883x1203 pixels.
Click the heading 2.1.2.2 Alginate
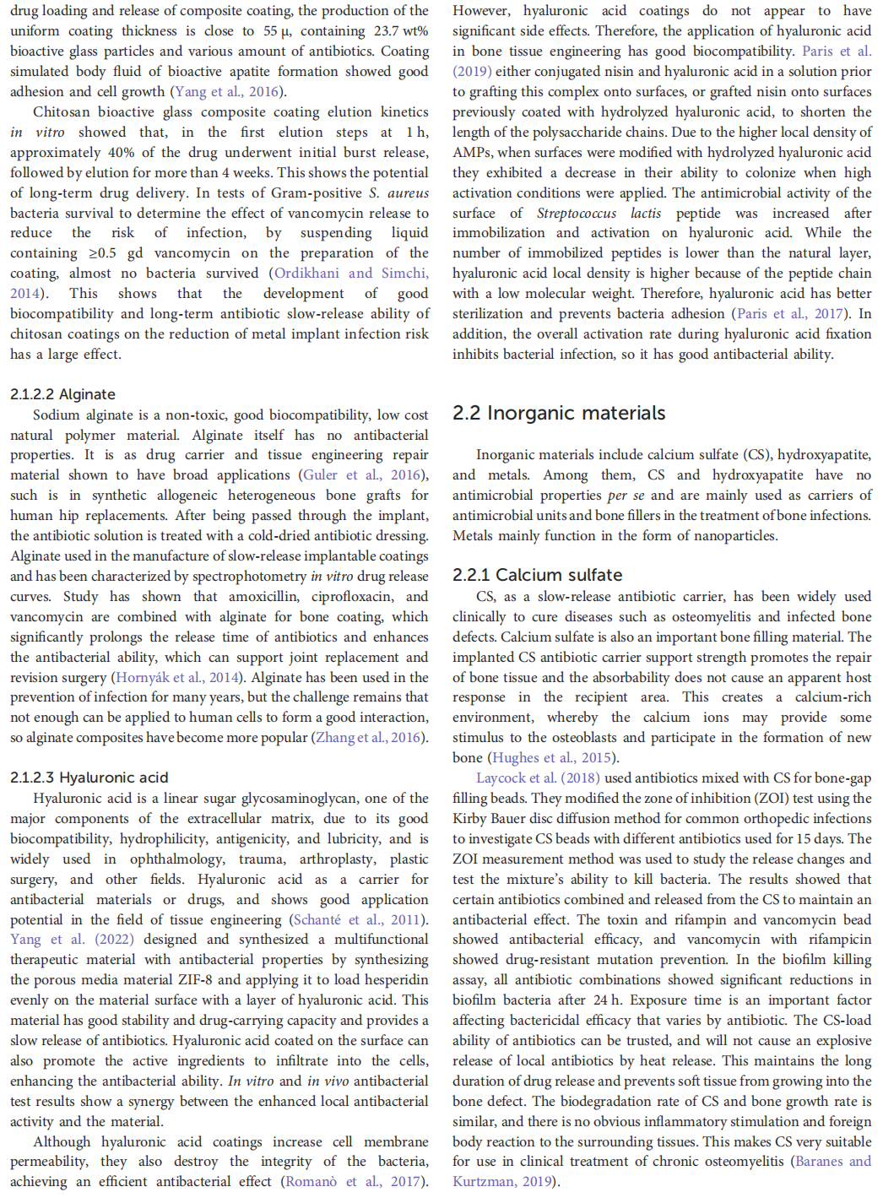(x=63, y=394)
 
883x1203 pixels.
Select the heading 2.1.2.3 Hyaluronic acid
(x=89, y=778)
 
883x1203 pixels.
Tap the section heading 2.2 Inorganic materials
(x=559, y=413)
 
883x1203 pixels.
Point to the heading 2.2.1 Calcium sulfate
(x=538, y=575)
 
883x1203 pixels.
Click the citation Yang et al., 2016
(x=226, y=91)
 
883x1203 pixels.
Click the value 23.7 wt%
(x=398, y=31)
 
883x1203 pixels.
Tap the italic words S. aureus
(x=399, y=192)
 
